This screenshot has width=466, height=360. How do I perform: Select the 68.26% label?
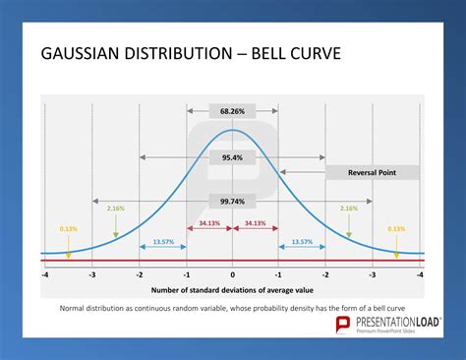click(233, 111)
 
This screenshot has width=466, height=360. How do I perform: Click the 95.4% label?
click(233, 156)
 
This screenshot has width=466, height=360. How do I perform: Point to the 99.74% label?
click(233, 202)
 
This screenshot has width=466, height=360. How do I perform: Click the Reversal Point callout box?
click(373, 172)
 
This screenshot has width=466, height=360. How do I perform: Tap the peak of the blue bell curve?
click(233, 130)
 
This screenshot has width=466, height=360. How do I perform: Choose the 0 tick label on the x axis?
click(233, 274)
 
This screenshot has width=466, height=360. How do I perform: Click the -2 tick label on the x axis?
click(140, 274)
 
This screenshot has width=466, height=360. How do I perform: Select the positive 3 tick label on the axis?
click(373, 274)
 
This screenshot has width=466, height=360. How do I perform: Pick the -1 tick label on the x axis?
click(186, 274)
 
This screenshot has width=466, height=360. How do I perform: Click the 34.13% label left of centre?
click(209, 222)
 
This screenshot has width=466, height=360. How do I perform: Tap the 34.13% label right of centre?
click(256, 222)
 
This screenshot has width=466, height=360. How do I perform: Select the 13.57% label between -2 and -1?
click(163, 241)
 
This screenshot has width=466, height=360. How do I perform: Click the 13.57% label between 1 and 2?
click(302, 241)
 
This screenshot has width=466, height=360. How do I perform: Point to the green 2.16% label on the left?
click(115, 209)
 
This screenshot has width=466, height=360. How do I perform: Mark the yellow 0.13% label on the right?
click(396, 228)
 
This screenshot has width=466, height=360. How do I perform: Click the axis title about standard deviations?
click(233, 290)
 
